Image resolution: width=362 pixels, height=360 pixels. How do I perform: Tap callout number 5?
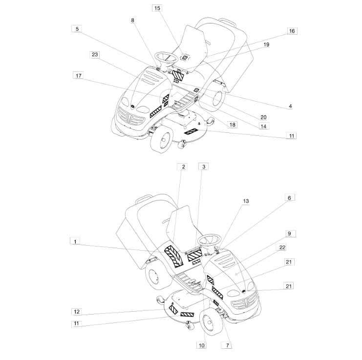(x=77, y=29)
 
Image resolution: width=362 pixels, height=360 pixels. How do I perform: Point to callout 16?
(x=292, y=31)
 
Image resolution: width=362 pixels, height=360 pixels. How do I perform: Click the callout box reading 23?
(x=95, y=55)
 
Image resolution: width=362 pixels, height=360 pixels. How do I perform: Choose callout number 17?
(x=79, y=76)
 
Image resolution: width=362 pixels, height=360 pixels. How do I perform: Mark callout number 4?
(x=290, y=106)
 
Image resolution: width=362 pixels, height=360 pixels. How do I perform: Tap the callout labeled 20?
(x=263, y=117)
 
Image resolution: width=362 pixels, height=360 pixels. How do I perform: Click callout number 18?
(x=232, y=125)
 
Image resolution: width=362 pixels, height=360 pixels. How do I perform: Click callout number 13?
(x=245, y=201)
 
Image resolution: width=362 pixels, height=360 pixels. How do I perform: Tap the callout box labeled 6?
(x=289, y=198)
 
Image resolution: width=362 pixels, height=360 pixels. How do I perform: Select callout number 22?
(x=282, y=248)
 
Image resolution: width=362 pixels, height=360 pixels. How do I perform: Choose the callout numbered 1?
(x=75, y=241)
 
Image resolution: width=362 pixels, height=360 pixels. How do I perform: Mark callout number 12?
(x=77, y=311)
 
